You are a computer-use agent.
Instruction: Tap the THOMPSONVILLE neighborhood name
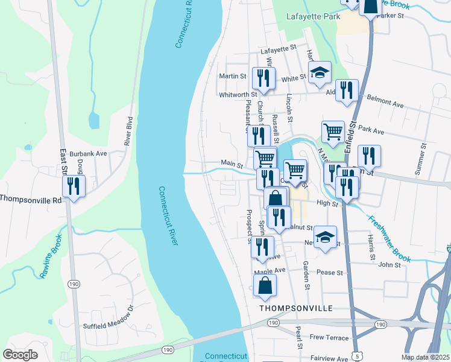[296, 308]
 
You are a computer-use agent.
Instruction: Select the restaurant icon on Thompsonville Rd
[74, 188]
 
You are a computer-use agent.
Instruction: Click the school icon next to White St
[320, 74]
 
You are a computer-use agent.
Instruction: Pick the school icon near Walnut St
[326, 238]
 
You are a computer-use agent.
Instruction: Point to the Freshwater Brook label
[390, 240]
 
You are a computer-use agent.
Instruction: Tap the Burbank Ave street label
[87, 154]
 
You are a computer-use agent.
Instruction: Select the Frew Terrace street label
[329, 337]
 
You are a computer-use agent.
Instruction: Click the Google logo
[20, 355]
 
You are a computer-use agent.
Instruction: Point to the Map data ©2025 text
[425, 357]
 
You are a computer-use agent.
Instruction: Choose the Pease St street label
[330, 273]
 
